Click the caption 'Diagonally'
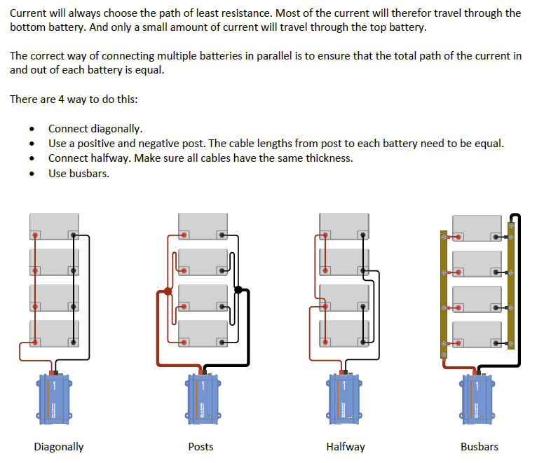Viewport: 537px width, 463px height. pyautogui.click(x=59, y=446)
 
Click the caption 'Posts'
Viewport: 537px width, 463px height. pyautogui.click(x=200, y=446)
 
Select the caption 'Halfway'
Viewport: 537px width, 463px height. pyautogui.click(x=345, y=446)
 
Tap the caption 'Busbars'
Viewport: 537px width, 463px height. pyautogui.click(x=480, y=446)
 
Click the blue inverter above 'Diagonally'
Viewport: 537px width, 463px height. pyautogui.click(x=55, y=399)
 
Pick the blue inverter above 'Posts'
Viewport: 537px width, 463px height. pyautogui.click(x=203, y=399)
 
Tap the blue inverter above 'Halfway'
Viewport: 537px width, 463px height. pyautogui.click(x=344, y=399)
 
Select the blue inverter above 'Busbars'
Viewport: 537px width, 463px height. pyautogui.click(x=478, y=399)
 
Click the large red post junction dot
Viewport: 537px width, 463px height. pyautogui.click(x=168, y=291)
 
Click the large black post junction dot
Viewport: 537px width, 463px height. pyautogui.click(x=238, y=289)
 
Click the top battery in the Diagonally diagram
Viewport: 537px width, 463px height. pyautogui.click(x=54, y=226)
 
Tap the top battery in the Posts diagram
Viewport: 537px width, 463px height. pyautogui.click(x=203, y=226)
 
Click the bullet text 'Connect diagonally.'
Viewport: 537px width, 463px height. pyautogui.click(x=95, y=129)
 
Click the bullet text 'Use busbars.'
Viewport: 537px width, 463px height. pyautogui.click(x=79, y=173)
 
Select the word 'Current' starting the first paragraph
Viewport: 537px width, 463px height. pyautogui.click(x=29, y=13)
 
